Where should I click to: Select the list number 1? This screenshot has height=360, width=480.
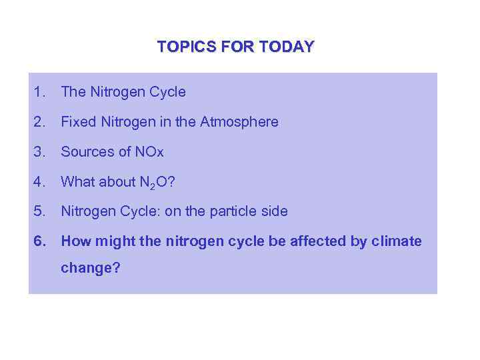pos(39,92)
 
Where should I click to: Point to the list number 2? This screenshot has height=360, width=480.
pos(39,122)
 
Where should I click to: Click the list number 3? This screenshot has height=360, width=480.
pos(39,152)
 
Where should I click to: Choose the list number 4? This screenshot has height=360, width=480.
pos(39,182)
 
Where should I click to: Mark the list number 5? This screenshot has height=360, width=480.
pos(39,211)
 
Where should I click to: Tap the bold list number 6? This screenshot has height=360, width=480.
pos(39,241)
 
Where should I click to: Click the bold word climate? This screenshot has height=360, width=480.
pos(396,241)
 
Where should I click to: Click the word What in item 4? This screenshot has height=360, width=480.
pos(76,182)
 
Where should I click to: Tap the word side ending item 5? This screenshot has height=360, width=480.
pos(275,211)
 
